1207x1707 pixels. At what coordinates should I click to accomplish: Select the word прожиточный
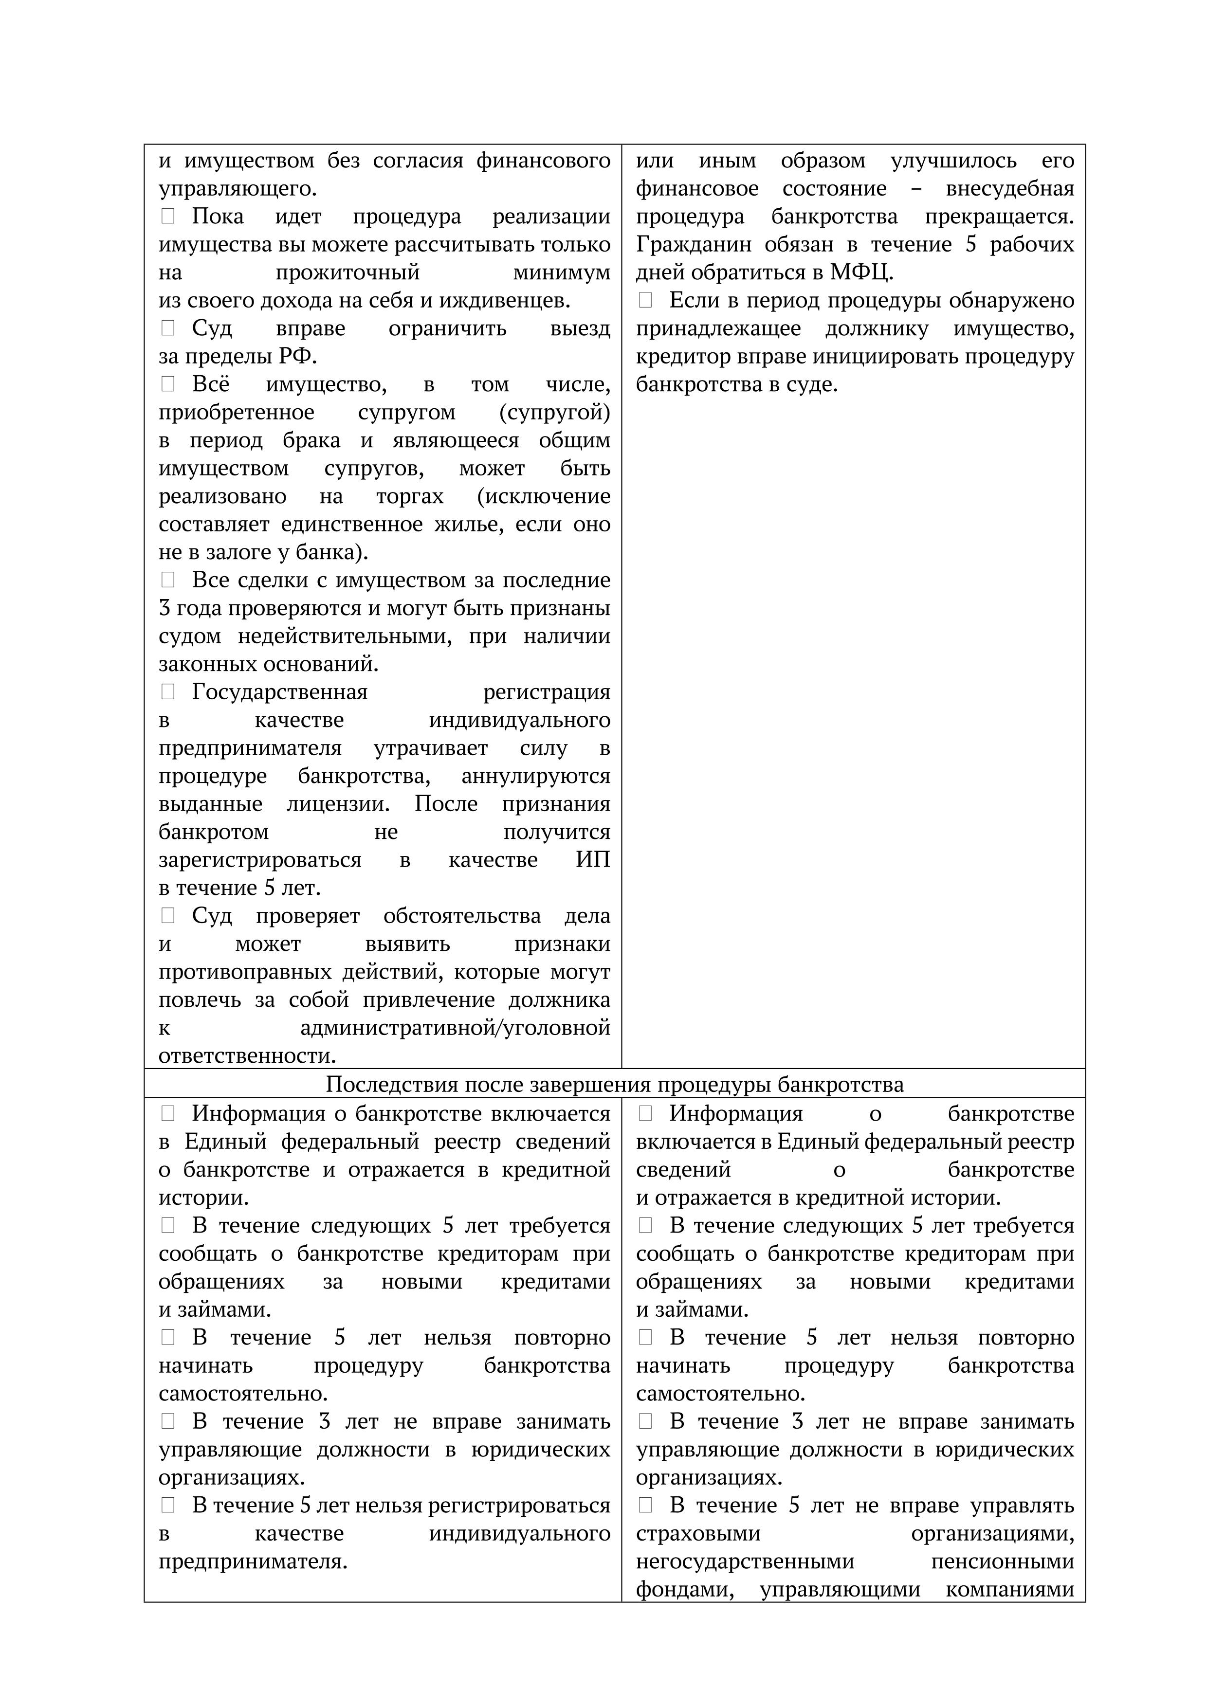coord(347,272)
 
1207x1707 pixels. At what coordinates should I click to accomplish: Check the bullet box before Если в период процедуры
coord(645,300)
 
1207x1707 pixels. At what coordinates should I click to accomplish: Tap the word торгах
coord(410,496)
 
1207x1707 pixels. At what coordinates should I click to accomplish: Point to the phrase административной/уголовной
coord(455,1028)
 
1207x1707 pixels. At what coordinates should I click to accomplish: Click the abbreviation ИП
coord(593,859)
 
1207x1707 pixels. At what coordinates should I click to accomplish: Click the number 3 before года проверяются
coord(165,608)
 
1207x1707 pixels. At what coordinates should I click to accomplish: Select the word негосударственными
coord(745,1562)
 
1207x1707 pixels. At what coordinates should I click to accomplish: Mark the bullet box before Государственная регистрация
coord(168,691)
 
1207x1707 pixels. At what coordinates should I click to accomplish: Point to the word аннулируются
coord(535,776)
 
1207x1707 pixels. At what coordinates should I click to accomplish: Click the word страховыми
coord(697,1533)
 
